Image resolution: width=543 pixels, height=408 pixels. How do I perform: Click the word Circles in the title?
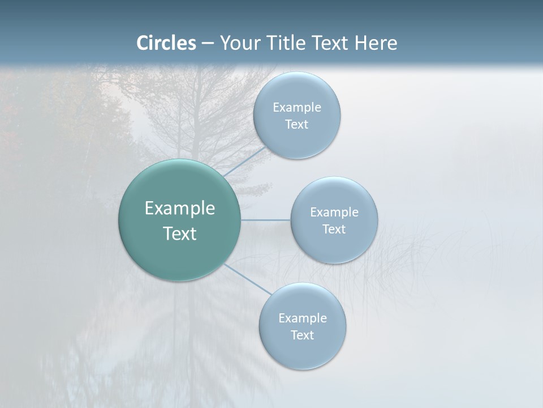(166, 43)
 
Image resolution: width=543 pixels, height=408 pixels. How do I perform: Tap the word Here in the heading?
(376, 43)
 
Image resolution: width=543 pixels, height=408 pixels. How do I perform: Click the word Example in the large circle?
(180, 209)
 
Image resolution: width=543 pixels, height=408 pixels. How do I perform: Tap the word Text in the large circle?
(180, 233)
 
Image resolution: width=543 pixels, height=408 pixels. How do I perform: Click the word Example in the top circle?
(297, 108)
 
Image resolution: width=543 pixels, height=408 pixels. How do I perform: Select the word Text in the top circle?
(297, 125)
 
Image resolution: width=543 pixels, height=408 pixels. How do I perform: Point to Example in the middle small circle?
(334, 212)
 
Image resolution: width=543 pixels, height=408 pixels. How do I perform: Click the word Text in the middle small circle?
(334, 229)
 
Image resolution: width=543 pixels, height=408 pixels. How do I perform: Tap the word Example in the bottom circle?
(303, 318)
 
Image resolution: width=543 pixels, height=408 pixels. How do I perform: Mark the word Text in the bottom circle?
(303, 335)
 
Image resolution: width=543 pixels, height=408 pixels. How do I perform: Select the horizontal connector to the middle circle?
(266, 220)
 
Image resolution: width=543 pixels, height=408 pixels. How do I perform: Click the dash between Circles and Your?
(207, 44)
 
